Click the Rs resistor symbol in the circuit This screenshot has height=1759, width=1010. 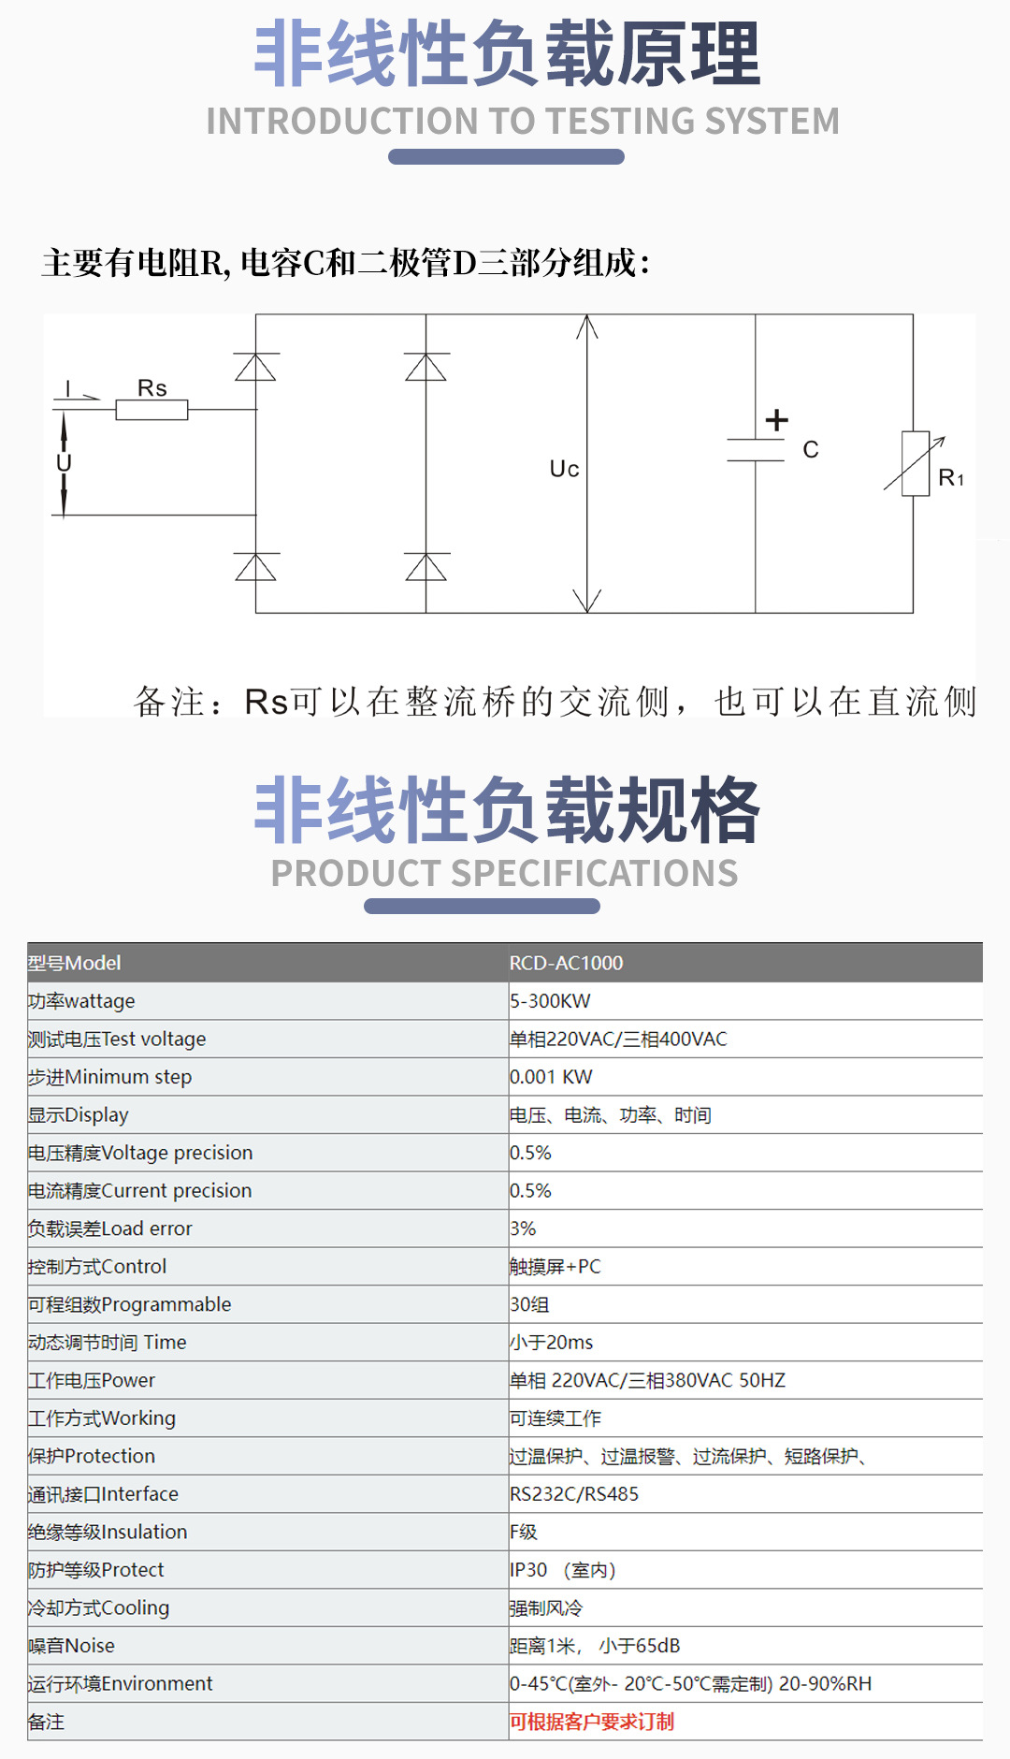[151, 410]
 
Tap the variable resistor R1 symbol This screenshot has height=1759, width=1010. [916, 464]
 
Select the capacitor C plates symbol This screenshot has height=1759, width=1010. [756, 450]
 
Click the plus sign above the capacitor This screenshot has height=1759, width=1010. [776, 420]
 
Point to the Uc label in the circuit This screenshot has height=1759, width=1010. [564, 469]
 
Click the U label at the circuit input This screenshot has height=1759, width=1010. [64, 463]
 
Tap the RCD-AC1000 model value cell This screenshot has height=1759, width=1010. [566, 963]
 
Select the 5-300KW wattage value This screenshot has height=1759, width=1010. [550, 1001]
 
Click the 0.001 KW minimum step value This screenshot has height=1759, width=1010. [551, 1077]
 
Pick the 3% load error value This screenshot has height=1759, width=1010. [523, 1228]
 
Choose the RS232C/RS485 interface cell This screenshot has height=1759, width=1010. [574, 1494]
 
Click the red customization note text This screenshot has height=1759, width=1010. [591, 1722]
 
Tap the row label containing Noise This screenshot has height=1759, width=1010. [71, 1646]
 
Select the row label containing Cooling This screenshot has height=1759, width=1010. [98, 1608]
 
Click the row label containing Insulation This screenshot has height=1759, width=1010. [108, 1533]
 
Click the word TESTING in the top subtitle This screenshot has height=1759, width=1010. [621, 122]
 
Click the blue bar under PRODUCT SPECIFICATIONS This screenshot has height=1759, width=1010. [482, 907]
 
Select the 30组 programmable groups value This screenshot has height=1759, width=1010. [529, 1304]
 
